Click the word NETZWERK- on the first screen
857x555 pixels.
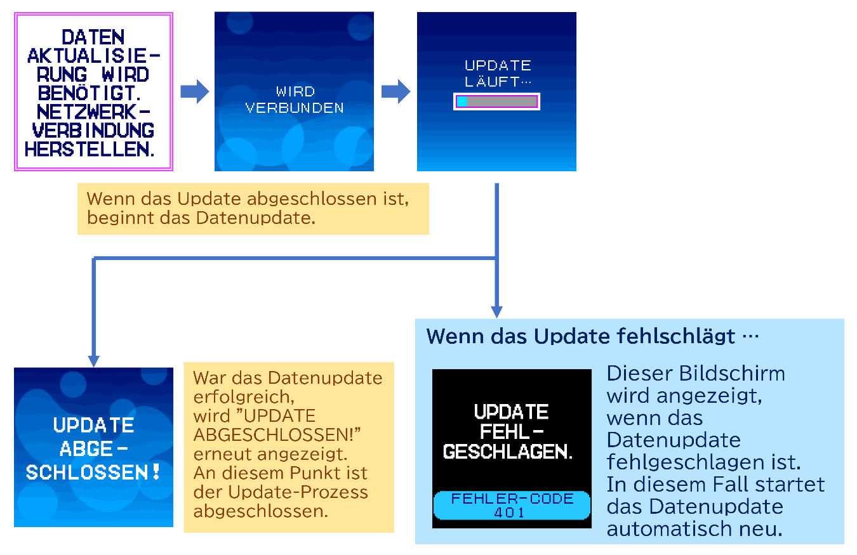coord(94,112)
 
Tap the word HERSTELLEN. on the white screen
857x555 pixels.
coord(90,150)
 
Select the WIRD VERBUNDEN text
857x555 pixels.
coord(295,100)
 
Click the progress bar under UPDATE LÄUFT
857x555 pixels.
coord(496,101)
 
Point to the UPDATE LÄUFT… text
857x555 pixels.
coord(498,73)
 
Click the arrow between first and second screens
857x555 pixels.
coord(194,91)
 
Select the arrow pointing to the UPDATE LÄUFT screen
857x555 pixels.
coord(395,91)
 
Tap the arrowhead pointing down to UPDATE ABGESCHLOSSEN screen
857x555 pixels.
coord(94,360)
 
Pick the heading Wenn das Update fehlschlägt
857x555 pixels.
coord(581,336)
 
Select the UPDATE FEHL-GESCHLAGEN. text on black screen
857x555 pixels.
coord(512,432)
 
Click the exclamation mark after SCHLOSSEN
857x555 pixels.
coord(156,472)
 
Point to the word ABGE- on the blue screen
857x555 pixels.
coord(93,448)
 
